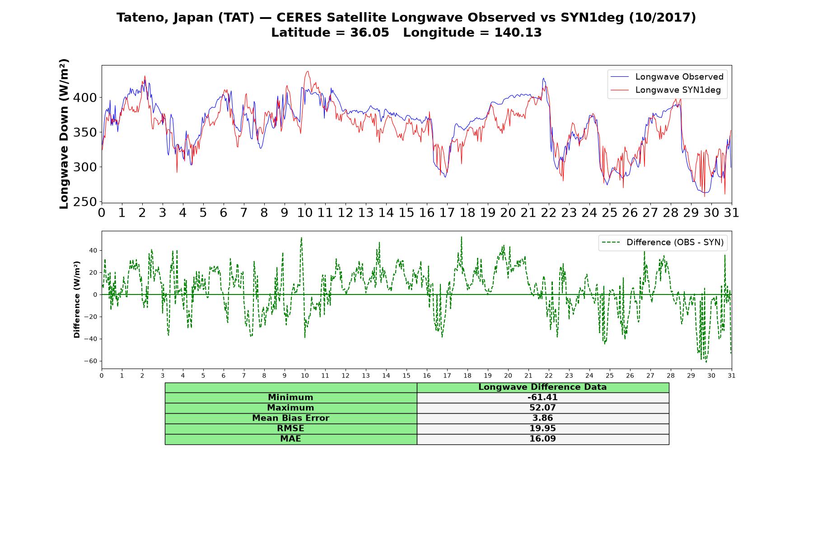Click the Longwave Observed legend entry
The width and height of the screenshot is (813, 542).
point(667,77)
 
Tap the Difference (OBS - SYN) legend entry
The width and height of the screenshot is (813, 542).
point(663,243)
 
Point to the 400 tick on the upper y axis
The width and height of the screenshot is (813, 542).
point(87,98)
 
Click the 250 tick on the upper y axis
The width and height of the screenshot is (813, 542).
point(87,202)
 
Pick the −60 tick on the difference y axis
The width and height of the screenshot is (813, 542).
point(90,361)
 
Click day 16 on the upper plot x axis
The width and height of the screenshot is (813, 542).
point(427,213)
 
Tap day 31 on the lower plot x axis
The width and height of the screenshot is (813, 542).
point(732,376)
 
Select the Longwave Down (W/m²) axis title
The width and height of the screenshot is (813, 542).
point(64,134)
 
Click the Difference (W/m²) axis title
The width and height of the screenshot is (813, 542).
point(77,299)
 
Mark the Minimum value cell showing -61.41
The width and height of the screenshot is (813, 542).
point(542,397)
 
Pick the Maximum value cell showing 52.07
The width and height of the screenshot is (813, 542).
point(542,408)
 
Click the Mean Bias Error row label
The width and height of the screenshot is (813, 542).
point(290,418)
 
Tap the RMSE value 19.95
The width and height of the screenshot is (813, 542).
point(542,429)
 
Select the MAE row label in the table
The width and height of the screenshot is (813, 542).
point(290,439)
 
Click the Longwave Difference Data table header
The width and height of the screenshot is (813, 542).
point(542,387)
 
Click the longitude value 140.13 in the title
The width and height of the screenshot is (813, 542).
point(518,33)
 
